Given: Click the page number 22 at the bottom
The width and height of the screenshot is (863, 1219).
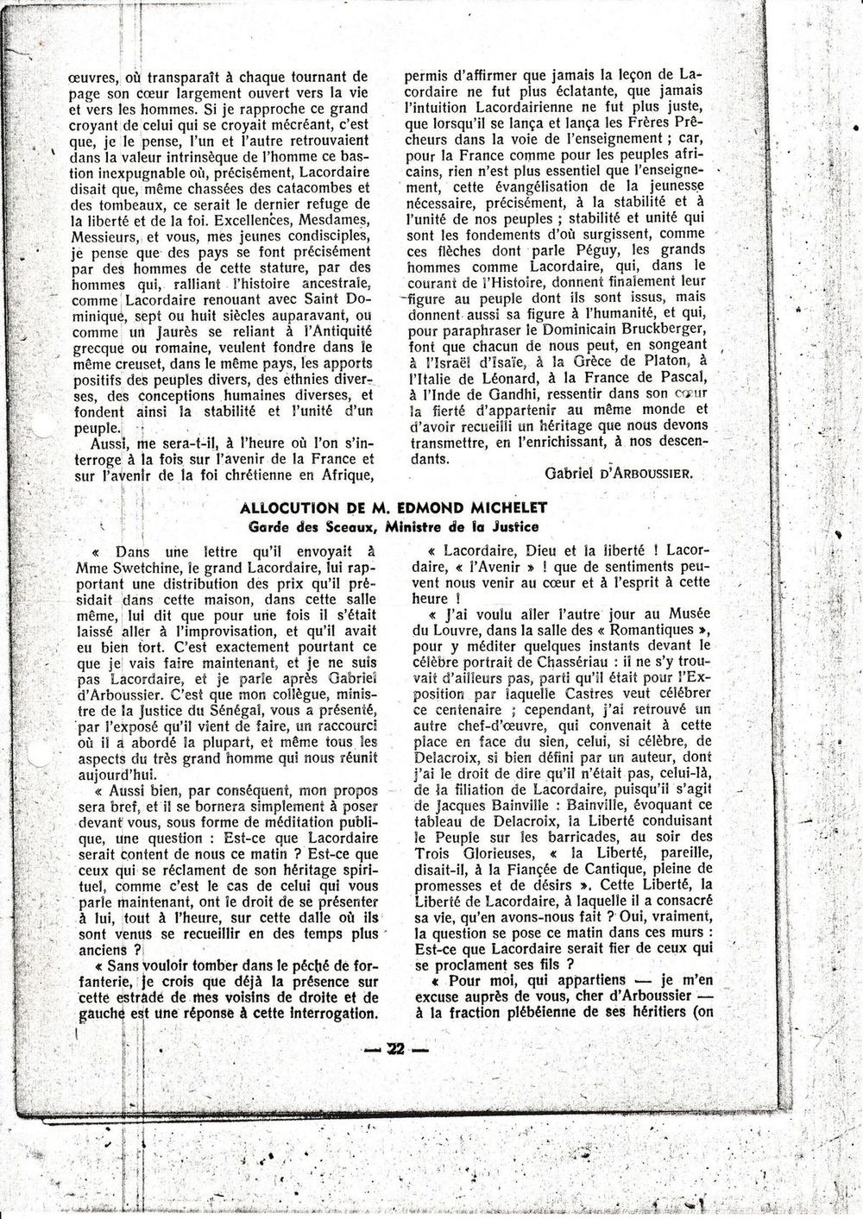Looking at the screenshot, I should (395, 1049).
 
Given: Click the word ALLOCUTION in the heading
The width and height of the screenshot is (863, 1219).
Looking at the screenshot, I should (288, 507).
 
